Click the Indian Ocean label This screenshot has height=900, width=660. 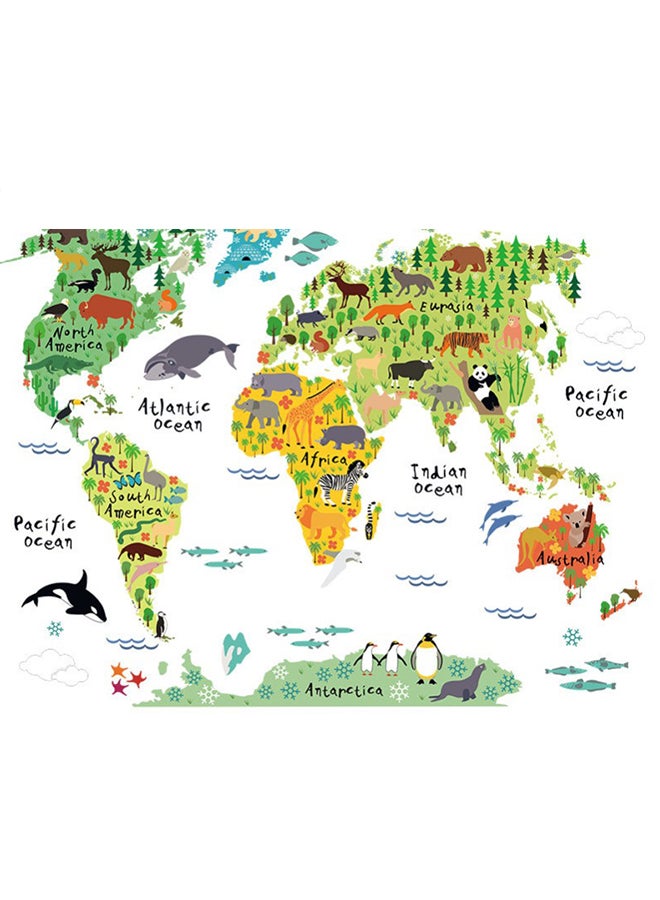click(439, 479)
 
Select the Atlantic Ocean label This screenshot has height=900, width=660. click(175, 414)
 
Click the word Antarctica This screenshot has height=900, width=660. click(343, 690)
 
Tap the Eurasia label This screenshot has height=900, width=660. click(445, 306)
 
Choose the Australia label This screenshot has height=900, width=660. click(569, 559)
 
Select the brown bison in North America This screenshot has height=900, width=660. click(106, 310)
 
